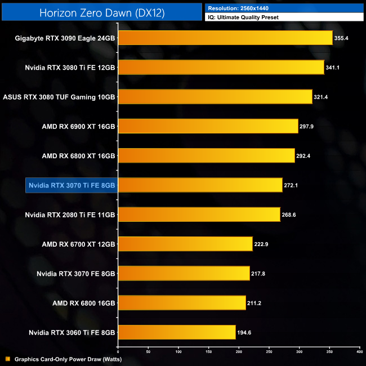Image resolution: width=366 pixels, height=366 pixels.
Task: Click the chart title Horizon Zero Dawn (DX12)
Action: [x=101, y=13]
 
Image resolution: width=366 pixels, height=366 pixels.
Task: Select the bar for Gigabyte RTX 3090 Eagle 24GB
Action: [x=225, y=38]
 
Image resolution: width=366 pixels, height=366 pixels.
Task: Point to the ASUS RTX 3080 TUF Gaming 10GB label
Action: [x=59, y=97]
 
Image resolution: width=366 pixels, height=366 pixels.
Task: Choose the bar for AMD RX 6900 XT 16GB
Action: [x=208, y=126]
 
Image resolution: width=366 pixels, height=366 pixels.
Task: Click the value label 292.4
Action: [x=304, y=155]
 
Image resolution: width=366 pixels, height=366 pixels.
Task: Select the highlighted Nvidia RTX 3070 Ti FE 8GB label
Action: [x=72, y=185]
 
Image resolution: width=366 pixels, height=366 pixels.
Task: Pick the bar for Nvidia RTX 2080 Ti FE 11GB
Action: [x=199, y=215]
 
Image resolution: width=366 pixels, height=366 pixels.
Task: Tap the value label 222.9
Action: [x=262, y=244]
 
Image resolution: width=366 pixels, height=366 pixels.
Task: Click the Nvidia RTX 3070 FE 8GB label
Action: [x=76, y=273]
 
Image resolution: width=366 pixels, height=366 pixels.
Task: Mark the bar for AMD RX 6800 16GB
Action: [x=182, y=302]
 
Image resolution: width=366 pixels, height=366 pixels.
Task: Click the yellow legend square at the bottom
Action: [x=7, y=359]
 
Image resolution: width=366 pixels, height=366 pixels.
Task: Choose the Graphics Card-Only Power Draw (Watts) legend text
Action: [x=68, y=359]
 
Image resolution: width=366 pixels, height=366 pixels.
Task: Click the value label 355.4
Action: [x=342, y=38]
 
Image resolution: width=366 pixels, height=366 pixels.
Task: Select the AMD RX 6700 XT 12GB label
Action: [x=78, y=244]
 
